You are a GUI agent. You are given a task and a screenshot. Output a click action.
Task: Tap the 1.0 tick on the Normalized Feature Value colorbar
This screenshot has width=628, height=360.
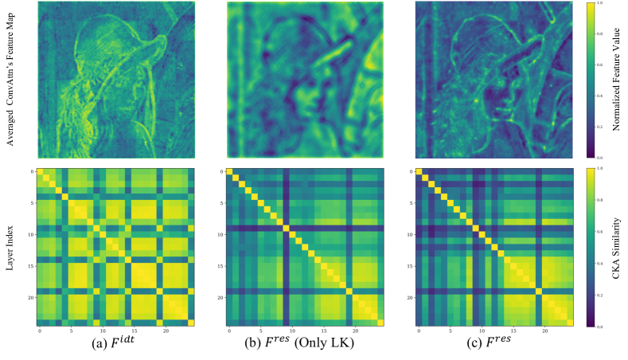(x=601, y=4)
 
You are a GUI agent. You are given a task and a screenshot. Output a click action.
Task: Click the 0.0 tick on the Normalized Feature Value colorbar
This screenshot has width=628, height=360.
(x=601, y=158)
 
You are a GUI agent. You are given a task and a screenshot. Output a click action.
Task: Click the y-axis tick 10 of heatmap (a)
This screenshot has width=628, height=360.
(x=31, y=234)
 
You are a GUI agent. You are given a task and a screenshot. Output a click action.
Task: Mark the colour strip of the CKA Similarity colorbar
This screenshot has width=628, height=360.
(x=590, y=246)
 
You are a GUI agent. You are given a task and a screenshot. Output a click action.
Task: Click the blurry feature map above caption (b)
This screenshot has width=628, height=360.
(x=306, y=80)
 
